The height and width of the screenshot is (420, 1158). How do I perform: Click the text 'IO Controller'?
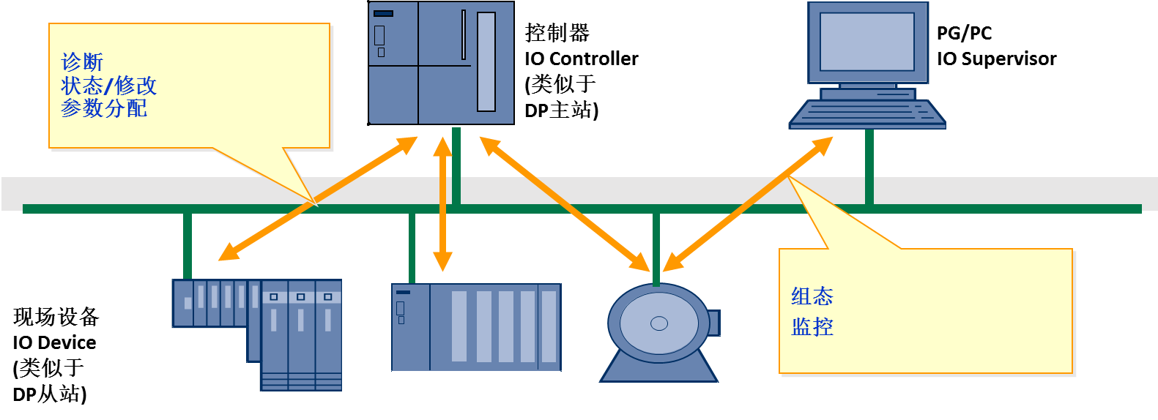coord(581,59)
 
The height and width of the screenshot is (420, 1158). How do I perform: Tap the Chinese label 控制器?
coord(557,33)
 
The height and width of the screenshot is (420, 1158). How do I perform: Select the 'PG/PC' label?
coord(964,33)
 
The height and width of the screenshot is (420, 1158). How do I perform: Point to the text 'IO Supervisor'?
coord(996,59)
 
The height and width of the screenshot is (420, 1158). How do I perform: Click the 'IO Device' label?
coord(54,342)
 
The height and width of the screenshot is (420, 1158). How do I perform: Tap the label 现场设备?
coord(56,317)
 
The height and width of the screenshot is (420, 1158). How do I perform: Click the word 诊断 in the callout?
coord(82,62)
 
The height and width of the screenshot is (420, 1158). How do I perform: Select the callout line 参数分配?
coord(104,108)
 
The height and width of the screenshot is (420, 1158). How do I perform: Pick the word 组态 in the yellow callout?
coord(812,296)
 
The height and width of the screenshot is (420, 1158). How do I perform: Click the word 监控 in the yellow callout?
coord(812,326)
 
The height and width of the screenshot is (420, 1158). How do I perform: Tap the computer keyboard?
coord(867,114)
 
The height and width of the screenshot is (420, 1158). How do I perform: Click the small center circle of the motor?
coord(659,323)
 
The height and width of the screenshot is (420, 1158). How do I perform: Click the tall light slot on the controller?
coord(486,61)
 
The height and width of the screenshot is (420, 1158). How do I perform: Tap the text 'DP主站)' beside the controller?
coord(561,110)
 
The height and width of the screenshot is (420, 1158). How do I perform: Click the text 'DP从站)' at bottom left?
coord(50,394)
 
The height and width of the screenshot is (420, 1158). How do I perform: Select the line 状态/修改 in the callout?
coord(108,86)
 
